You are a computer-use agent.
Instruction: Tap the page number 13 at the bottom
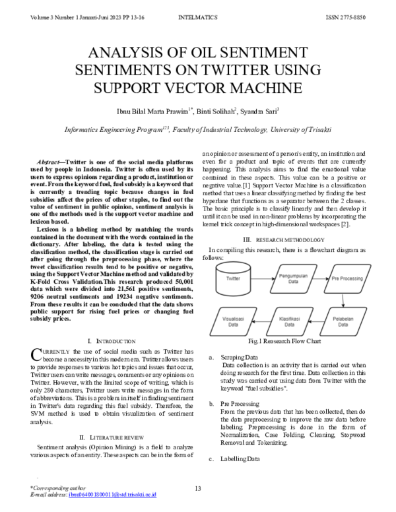coord(197,488)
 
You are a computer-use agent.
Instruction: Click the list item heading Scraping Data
coord(240,357)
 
